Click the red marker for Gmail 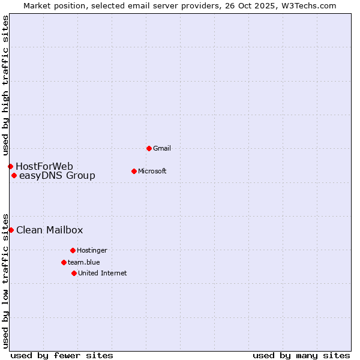(149, 148)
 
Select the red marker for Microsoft (134, 171)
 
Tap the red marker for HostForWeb (10, 166)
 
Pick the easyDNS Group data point (14, 176)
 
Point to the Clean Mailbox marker (11, 230)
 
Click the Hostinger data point (73, 250)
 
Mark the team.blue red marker (64, 262)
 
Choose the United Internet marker (74, 273)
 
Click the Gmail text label (163, 148)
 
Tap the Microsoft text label (152, 171)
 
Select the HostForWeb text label (44, 166)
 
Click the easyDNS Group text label (57, 176)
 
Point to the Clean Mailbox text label (49, 230)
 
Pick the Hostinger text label (92, 250)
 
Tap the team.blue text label (84, 262)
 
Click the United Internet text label (102, 273)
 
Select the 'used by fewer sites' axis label (62, 355)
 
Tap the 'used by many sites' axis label (301, 355)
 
